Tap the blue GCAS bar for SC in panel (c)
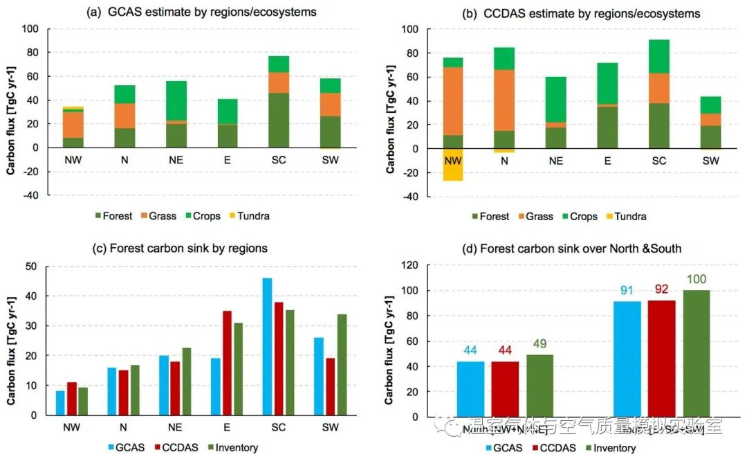point(267,346)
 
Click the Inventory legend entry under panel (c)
point(231,447)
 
